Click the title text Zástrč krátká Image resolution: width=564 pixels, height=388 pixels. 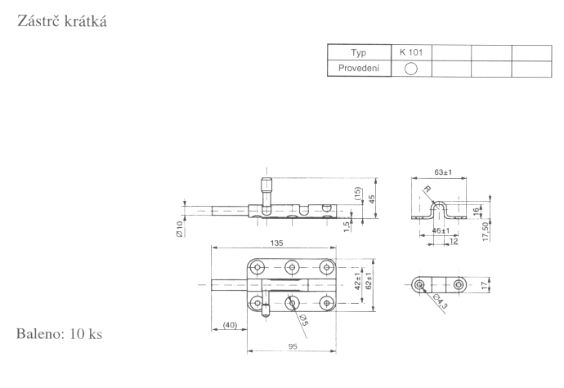62,21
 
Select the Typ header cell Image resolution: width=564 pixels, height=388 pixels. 359,52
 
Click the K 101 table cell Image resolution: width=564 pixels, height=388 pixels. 411,52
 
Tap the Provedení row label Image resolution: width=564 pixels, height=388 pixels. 359,69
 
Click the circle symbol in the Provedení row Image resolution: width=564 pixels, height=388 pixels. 411,69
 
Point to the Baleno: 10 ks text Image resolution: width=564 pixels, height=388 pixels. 60,334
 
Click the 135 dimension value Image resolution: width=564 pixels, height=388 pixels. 276,243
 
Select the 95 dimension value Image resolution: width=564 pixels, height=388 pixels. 293,346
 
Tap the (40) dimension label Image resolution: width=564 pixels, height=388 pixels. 231,325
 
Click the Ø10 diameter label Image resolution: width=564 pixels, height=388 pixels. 179,229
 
